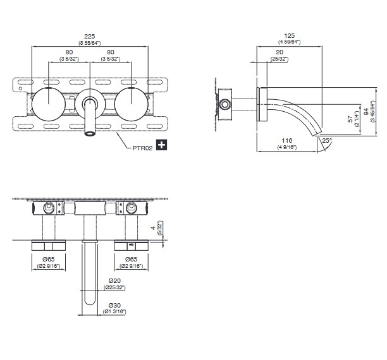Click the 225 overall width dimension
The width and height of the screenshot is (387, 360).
[90, 37]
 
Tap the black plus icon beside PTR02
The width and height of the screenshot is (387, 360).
[161, 145]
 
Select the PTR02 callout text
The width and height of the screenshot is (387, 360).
[142, 148]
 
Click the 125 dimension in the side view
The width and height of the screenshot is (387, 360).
[289, 36]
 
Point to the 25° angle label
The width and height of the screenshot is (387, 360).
[327, 140]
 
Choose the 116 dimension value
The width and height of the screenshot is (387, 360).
[287, 141]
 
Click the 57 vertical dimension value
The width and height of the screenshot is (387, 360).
[350, 119]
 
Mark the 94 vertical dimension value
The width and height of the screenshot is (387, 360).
[366, 111]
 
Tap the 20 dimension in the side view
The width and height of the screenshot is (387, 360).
[279, 52]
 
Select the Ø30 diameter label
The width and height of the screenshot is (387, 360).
[114, 305]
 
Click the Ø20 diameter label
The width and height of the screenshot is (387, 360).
[114, 280]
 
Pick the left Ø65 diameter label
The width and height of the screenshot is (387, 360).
[48, 259]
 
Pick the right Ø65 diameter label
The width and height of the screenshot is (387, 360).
[131, 259]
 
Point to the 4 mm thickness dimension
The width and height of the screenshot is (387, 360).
[153, 228]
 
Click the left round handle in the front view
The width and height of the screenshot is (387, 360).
[49, 104]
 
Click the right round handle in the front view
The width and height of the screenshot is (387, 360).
[132, 104]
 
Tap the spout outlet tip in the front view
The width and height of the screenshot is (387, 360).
[90, 133]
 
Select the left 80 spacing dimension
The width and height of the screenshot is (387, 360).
[69, 52]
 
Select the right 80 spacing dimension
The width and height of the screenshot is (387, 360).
[111, 52]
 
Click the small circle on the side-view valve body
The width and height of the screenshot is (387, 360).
[225, 104]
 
